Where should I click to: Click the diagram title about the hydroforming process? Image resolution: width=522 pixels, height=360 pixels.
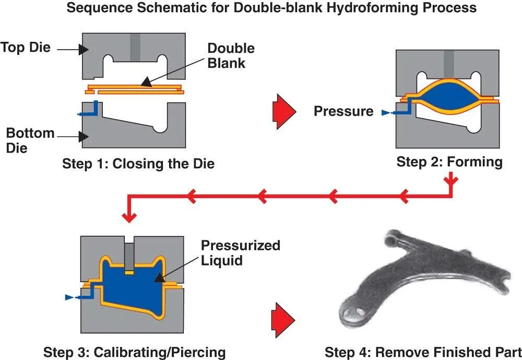pyautogui.click(x=271, y=8)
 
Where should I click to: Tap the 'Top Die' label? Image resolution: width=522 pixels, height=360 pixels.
pyautogui.click(x=26, y=48)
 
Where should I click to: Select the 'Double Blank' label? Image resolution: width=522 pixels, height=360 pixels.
pyautogui.click(x=231, y=56)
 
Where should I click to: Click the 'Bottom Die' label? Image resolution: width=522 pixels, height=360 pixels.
pyautogui.click(x=30, y=141)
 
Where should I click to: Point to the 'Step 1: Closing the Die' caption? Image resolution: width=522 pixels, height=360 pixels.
pyautogui.click(x=138, y=164)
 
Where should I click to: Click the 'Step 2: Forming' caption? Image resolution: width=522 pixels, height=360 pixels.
pyautogui.click(x=449, y=162)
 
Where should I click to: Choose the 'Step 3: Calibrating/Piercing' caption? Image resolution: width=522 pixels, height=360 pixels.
pyautogui.click(x=135, y=352)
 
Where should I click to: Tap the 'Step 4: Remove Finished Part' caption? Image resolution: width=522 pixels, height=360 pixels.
pyautogui.click(x=423, y=352)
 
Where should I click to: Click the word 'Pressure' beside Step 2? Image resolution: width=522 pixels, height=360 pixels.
pyautogui.click(x=343, y=111)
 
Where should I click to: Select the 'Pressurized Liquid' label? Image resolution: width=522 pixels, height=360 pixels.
pyautogui.click(x=240, y=253)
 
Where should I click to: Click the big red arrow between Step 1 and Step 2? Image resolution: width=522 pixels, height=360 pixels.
pyautogui.click(x=284, y=111)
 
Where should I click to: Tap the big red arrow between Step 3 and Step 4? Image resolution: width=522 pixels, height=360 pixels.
pyautogui.click(x=283, y=320)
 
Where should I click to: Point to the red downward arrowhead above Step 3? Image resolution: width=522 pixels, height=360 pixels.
pyautogui.click(x=129, y=217)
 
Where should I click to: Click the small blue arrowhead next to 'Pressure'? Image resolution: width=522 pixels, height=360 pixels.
pyautogui.click(x=386, y=113)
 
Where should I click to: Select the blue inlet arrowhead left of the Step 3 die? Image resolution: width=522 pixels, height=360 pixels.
pyautogui.click(x=69, y=297)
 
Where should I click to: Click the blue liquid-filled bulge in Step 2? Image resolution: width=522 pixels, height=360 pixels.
pyautogui.click(x=449, y=96)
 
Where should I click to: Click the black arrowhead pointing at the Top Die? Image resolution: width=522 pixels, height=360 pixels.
pyautogui.click(x=84, y=50)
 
